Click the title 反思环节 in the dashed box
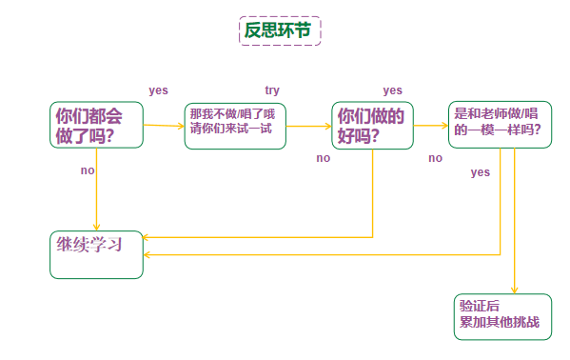point(278,30)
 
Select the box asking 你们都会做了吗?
point(95,125)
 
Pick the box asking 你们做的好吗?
point(372,125)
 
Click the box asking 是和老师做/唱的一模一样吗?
point(501,124)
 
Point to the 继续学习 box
point(95,253)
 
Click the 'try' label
point(272,90)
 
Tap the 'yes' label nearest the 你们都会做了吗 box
point(158,90)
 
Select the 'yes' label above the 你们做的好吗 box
point(392,90)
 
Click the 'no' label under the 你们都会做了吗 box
point(88,170)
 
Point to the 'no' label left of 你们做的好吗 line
point(324,158)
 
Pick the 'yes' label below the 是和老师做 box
point(481,172)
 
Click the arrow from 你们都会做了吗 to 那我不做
point(163,125)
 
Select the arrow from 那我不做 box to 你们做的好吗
point(308,125)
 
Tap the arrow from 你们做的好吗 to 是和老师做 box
point(430,124)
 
